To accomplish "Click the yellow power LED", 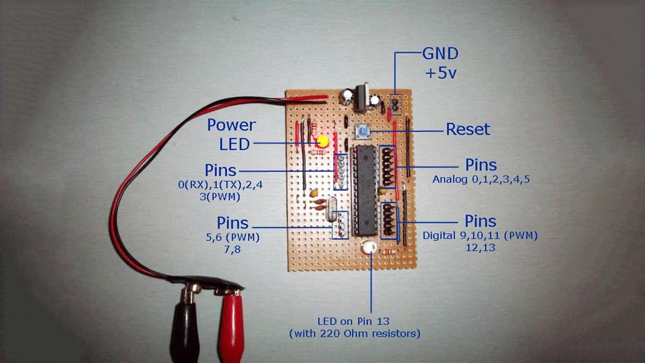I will [322, 142].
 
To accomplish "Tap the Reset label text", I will [468, 130].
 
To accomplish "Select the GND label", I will [440, 54].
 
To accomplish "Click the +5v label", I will [440, 73].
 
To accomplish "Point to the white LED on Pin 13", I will [370, 248].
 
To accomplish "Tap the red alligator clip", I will [231, 323].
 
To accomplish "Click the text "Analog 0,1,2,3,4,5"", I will [481, 180].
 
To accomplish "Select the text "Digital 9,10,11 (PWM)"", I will [480, 236].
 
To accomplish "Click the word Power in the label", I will [231, 125].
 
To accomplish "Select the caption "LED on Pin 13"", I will [354, 322].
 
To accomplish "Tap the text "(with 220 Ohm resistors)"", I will [354, 334].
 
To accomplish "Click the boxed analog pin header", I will [387, 167].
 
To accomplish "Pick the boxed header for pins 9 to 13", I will [389, 220].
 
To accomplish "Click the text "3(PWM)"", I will [219, 197].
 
